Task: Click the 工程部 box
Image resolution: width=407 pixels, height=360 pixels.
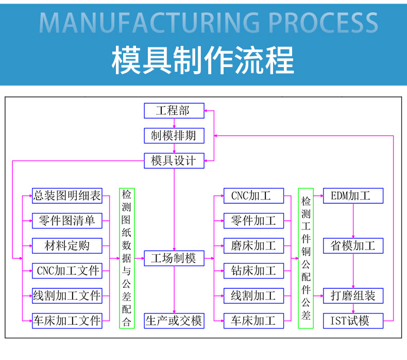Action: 174,110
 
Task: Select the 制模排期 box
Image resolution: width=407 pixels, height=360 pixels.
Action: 174,136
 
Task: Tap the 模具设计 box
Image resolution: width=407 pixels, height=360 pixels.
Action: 174,160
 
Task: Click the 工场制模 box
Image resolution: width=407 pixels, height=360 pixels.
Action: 174,258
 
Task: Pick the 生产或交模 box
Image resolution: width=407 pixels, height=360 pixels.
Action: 174,321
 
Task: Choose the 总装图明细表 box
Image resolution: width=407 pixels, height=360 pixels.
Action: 67,195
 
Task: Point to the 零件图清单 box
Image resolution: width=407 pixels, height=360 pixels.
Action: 67,221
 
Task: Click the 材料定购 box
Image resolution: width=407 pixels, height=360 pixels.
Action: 67,246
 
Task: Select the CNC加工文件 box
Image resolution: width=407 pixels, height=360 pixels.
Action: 67,270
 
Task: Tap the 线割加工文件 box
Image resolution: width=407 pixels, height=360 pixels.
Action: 67,296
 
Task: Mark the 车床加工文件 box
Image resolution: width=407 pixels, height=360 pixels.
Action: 67,320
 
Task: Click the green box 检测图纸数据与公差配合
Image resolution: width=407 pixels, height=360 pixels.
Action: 127,258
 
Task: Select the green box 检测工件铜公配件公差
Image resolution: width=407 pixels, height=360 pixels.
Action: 306,258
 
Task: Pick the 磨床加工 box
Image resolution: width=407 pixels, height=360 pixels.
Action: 253,246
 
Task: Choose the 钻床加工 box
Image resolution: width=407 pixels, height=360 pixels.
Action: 253,270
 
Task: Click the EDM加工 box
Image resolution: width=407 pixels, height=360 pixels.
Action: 353,195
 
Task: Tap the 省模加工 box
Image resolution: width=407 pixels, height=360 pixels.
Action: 353,246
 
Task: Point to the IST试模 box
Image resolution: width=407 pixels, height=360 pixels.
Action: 353,320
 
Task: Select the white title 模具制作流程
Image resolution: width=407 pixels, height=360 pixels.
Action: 203,60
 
